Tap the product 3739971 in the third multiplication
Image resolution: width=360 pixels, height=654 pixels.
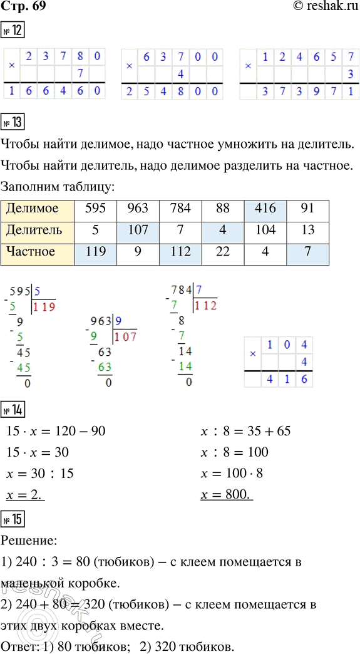point(299,92)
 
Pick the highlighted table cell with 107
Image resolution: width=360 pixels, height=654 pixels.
point(138,231)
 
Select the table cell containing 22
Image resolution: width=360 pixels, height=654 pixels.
point(222,252)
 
